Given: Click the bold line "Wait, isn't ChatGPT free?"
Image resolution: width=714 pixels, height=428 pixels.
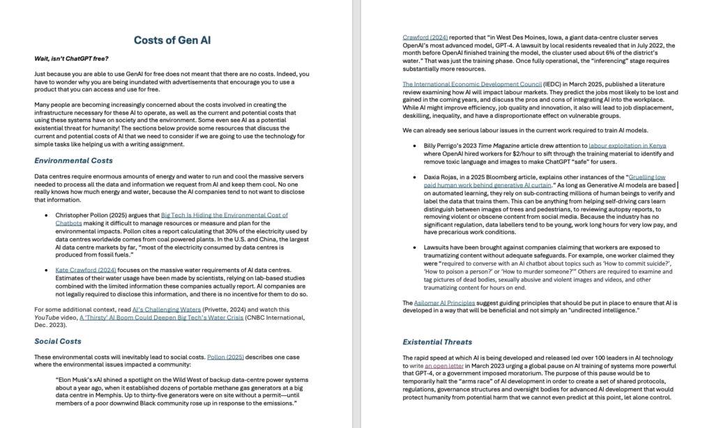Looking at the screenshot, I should tap(71, 58).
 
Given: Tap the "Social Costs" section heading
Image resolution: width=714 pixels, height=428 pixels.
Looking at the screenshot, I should tap(58, 341).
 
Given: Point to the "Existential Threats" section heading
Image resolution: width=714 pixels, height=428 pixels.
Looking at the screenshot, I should tap(437, 342).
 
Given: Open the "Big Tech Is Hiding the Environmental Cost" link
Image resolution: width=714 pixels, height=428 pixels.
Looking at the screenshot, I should tap(224, 215).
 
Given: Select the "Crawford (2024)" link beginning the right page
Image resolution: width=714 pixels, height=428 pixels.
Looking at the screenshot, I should tap(425, 37).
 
